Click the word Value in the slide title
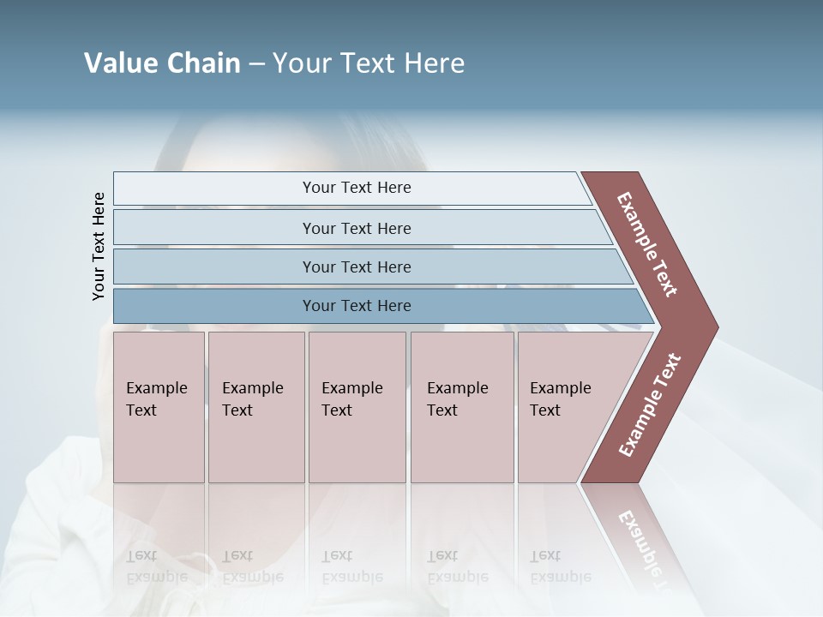pos(117,63)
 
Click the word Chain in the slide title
pos(199,63)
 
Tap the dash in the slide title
pos(256,64)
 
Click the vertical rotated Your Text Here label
pos(99,246)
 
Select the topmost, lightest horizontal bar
pos(351,188)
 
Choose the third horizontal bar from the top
pos(369,267)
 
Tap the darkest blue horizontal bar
pos(377,306)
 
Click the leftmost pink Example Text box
pos(159,407)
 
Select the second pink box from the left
pos(255,407)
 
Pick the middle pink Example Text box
pos(357,407)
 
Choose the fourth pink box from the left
pos(462,407)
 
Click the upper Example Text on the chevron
pos(647,244)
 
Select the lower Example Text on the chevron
pos(650,404)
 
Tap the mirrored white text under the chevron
pos(641,540)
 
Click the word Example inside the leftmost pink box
pos(156,388)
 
